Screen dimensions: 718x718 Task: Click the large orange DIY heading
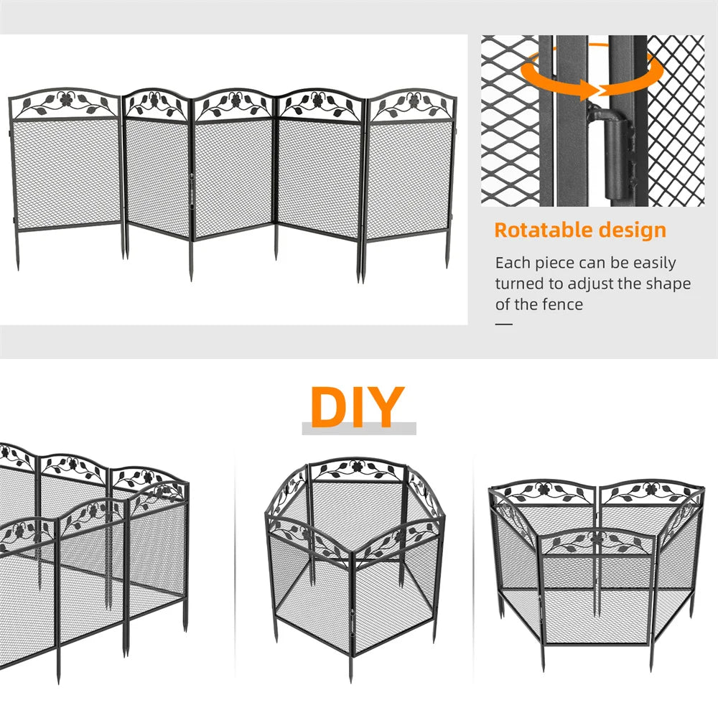pos(357,407)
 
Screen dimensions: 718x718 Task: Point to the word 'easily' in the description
pos(645,264)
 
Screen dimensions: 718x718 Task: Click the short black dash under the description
pos(504,324)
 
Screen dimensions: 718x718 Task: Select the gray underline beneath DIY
pos(358,429)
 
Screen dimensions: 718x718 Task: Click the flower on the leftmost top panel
pos(67,101)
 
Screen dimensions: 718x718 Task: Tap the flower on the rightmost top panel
pos(411,101)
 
